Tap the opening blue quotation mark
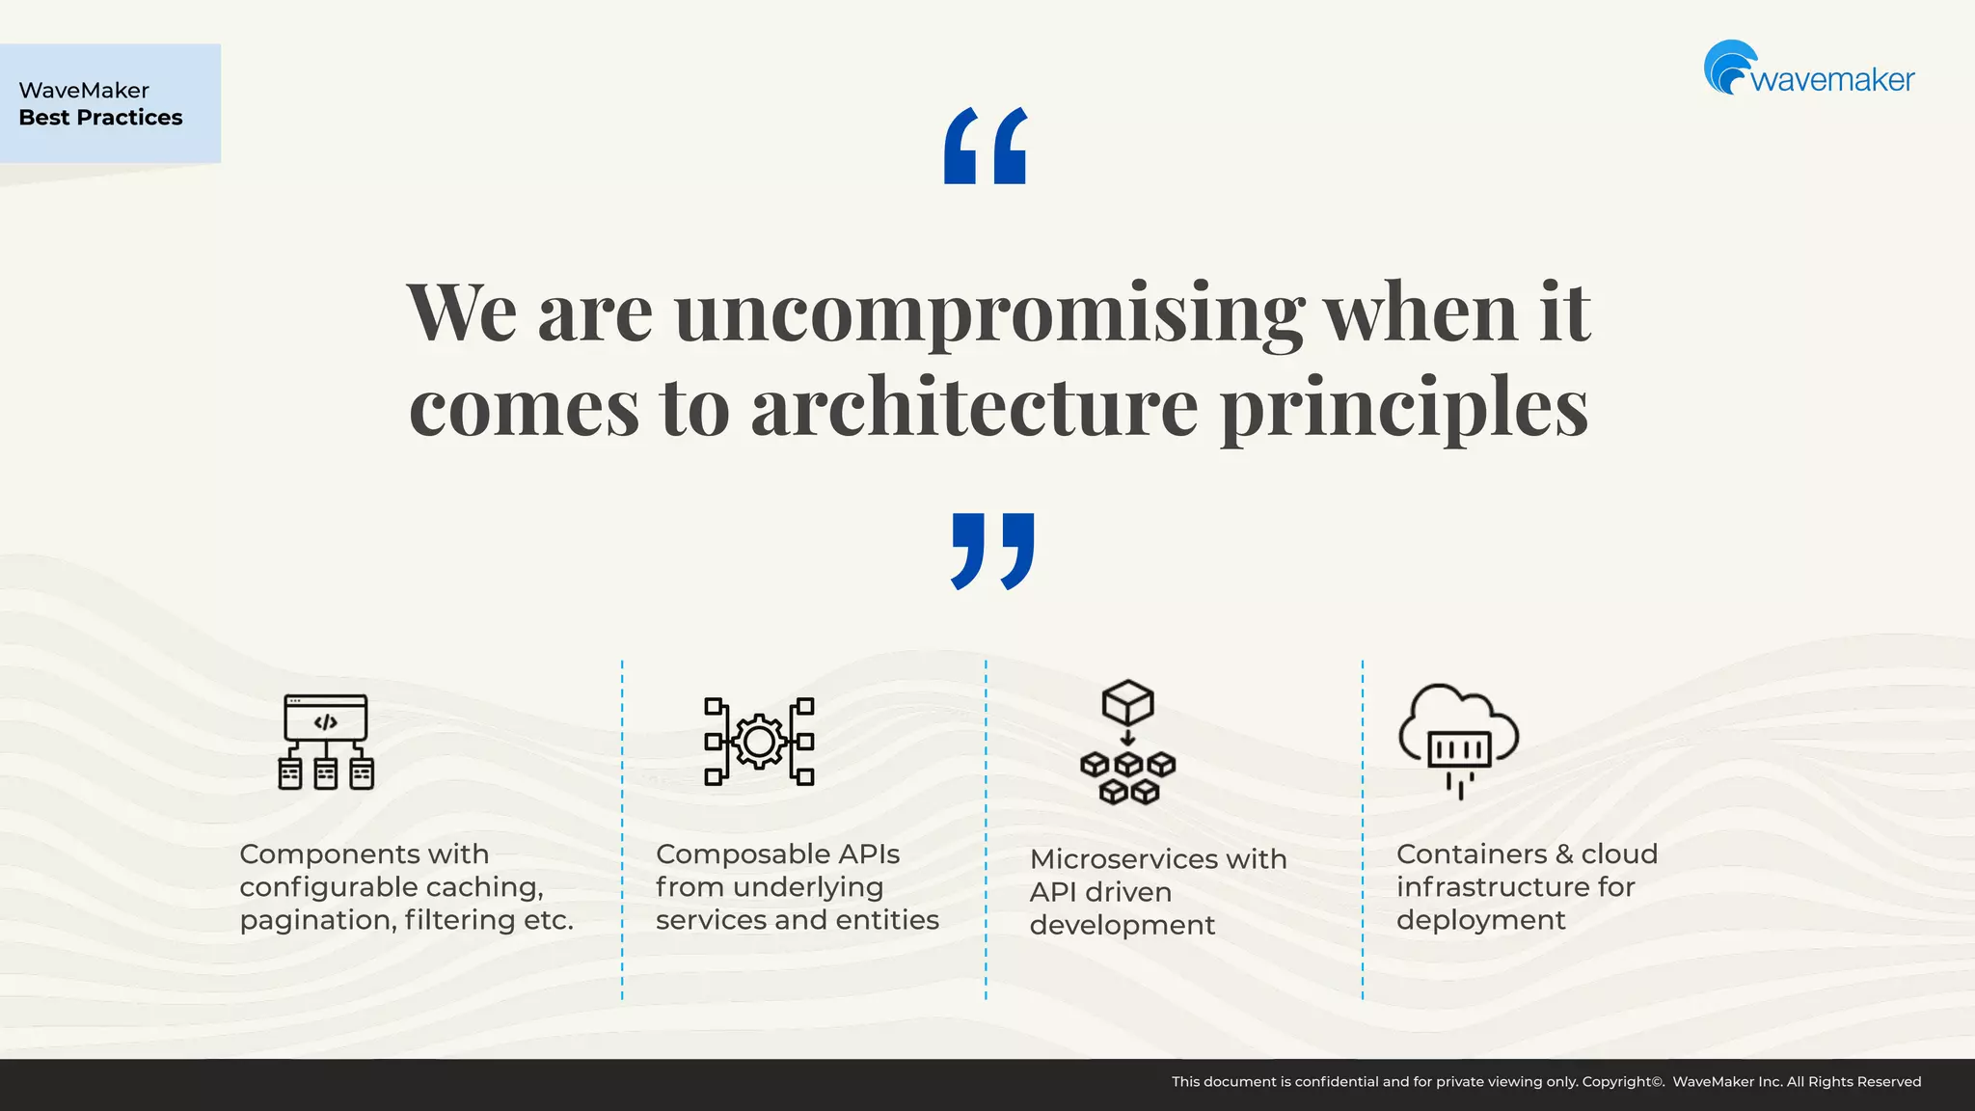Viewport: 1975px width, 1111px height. [985, 146]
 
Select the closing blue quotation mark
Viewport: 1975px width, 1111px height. [992, 551]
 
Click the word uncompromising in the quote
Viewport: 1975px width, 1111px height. [988, 312]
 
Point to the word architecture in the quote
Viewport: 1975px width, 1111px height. [974, 406]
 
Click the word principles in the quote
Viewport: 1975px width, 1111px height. [1404, 406]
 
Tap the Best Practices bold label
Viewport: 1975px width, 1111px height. [100, 118]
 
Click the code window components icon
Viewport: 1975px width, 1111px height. [326, 742]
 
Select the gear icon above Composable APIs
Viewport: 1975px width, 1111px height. [759, 742]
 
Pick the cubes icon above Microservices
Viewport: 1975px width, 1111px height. [1127, 742]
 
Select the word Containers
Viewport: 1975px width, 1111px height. [1472, 854]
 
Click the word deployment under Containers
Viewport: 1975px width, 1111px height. [1480, 920]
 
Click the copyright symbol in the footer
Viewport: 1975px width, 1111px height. [1657, 1082]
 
